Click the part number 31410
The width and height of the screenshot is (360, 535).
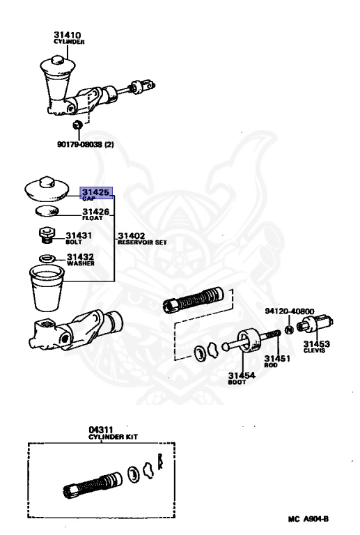(67, 35)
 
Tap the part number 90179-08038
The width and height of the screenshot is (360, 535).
(80, 144)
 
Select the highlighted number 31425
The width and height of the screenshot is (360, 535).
(96, 192)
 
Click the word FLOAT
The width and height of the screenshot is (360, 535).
(93, 218)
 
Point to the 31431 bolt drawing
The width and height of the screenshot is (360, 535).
(47, 234)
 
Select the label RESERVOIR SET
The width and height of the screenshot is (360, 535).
(142, 242)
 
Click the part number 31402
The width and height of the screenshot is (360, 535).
(131, 235)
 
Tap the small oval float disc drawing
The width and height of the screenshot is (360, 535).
(47, 211)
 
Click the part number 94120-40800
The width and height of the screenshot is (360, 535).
(290, 311)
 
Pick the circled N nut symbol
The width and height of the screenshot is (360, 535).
(289, 329)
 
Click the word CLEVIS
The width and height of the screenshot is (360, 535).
(314, 351)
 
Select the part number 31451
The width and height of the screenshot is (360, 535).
(278, 358)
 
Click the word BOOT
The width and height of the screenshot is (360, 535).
(237, 382)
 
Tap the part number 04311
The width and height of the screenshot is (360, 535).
(100, 430)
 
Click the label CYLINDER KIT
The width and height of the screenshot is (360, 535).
(113, 437)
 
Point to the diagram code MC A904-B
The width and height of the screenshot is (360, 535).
(308, 519)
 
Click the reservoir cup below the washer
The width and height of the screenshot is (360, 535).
(47, 288)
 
